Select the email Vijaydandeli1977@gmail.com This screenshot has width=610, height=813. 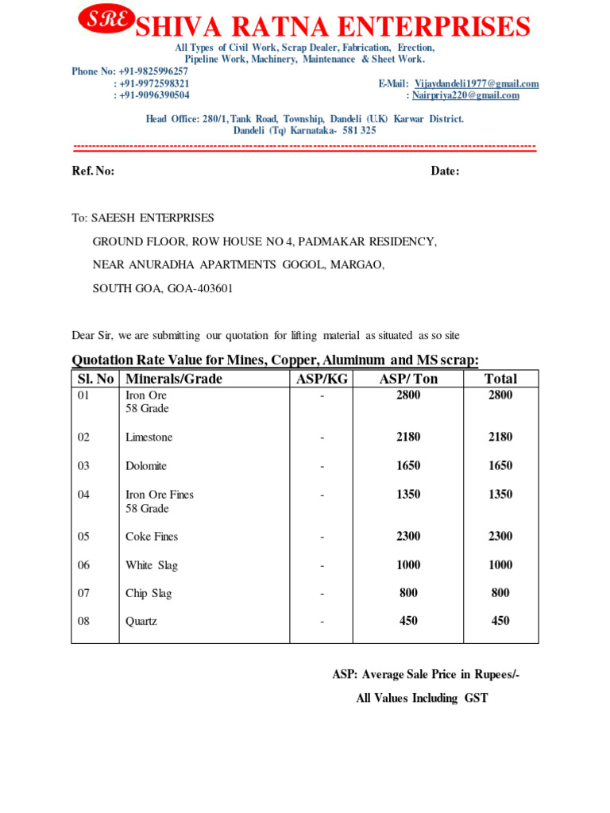pos(477,83)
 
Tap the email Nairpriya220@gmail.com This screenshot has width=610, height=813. pos(465,95)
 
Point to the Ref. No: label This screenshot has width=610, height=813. pos(94,171)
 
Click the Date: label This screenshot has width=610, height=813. pos(445,171)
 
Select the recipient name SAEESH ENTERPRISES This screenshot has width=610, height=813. pos(152,218)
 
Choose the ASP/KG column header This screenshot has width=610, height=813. pos(322,379)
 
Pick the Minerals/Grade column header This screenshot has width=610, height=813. pos(174,379)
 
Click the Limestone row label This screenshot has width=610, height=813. pos(149,437)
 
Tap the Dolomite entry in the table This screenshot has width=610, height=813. pos(146,466)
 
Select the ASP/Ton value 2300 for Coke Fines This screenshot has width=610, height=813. pos(408,537)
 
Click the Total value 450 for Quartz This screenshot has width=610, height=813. pos(500,622)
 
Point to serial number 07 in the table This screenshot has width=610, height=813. pos(84,593)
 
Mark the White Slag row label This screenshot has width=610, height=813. pos(152,565)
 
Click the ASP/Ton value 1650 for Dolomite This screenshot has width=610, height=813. pos(408,466)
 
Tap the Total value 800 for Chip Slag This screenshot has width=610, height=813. pos(500,593)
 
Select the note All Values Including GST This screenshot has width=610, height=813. pos(422,699)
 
